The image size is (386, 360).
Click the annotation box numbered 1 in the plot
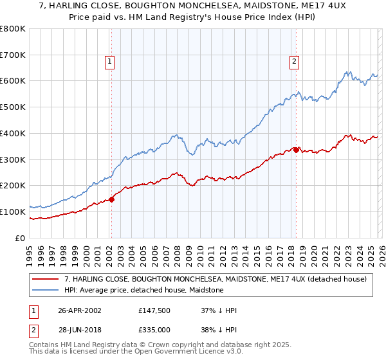point(110,62)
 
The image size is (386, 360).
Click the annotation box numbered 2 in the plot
point(294,62)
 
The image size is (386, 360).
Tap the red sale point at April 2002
point(111,199)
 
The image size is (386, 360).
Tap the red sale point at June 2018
point(296,150)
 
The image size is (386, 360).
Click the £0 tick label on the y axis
point(20,238)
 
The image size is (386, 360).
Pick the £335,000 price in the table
point(158,329)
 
